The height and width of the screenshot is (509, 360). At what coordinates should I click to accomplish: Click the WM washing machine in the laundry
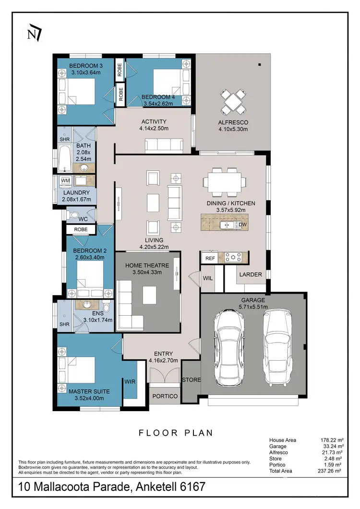[x=65, y=181]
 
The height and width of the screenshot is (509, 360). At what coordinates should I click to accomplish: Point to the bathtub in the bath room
[x=64, y=160]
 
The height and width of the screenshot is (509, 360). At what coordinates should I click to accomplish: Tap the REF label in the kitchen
[x=210, y=258]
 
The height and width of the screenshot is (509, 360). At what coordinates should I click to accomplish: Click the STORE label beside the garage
[x=191, y=380]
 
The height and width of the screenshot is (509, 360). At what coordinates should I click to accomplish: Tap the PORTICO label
[x=165, y=396]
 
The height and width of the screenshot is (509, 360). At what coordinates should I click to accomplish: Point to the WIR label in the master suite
[x=130, y=382]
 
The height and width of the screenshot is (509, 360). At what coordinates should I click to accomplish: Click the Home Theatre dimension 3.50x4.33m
[x=148, y=272]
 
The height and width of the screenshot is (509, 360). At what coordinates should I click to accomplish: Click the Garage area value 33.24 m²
[x=331, y=446]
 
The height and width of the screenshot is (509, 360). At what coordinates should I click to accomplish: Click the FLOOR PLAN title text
[x=176, y=433]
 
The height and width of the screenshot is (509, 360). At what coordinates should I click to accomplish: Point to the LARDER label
[x=251, y=274]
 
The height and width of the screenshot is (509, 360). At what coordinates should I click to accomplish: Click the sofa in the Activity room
[x=164, y=145]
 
